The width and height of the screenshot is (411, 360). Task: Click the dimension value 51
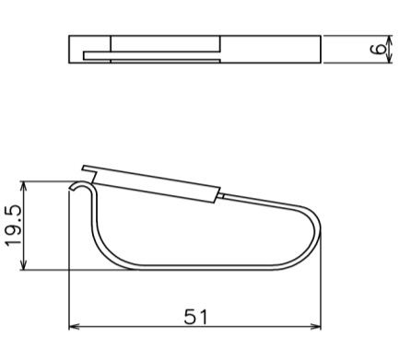pyautogui.click(x=195, y=317)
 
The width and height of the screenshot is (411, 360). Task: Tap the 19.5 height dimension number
pyautogui.click(x=14, y=226)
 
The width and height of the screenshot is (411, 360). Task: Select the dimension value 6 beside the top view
pyautogui.click(x=378, y=49)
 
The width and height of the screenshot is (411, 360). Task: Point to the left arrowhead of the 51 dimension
pyautogui.click(x=74, y=326)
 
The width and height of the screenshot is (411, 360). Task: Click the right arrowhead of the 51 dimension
pyautogui.click(x=315, y=326)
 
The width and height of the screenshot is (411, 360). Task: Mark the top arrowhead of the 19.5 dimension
pyautogui.click(x=24, y=187)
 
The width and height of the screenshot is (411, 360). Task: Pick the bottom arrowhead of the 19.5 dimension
pyautogui.click(x=24, y=264)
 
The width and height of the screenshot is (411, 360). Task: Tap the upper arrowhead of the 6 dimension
pyautogui.click(x=389, y=41)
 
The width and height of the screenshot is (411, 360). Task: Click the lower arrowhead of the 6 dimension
pyautogui.click(x=389, y=58)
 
